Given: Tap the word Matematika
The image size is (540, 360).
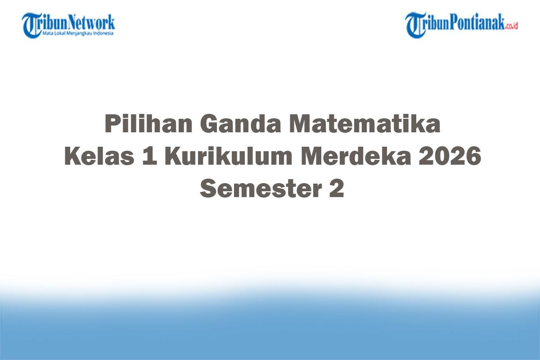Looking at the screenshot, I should (364, 124).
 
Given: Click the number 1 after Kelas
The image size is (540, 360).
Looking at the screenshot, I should (150, 157).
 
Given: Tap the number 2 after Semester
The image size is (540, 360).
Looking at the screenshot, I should (336, 189).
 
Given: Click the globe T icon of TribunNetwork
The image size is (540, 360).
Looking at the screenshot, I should (31, 25).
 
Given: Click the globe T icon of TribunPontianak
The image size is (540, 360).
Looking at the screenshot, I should (414, 25).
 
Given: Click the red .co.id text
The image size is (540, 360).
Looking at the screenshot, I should (512, 26).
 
